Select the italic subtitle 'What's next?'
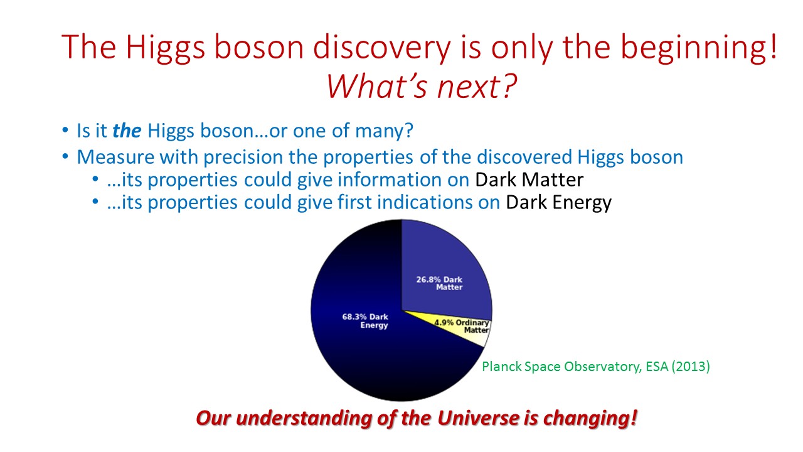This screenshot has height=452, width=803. coord(421,87)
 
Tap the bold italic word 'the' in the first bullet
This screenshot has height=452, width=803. coord(127,130)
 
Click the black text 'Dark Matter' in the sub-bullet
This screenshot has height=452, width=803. coord(529,180)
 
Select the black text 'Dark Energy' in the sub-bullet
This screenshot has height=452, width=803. coord(558,203)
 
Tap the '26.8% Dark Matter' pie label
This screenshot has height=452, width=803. coord(440,283)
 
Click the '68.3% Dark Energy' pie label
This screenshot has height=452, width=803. coord(365,321)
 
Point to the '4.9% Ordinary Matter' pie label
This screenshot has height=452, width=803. coord(462,326)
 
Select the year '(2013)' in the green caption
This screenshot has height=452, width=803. coord(691,367)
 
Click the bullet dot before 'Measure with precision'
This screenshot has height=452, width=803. coord(65,156)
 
